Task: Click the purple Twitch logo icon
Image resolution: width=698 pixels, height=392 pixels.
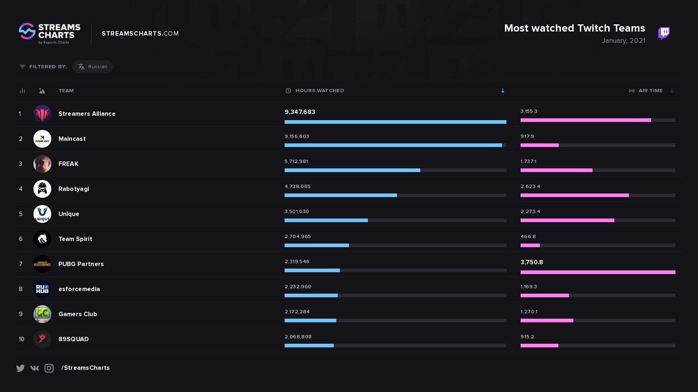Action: (x=663, y=33)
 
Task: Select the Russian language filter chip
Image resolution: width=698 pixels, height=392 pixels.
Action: (x=92, y=67)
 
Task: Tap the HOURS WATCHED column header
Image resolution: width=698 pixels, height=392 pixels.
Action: (x=319, y=91)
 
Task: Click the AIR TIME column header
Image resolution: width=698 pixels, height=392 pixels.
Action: (x=650, y=91)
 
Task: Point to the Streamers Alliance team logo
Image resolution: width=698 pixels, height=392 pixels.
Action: (x=42, y=114)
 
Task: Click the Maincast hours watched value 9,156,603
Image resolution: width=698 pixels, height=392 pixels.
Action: (x=297, y=136)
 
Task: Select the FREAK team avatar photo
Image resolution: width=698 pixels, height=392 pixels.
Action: (x=42, y=164)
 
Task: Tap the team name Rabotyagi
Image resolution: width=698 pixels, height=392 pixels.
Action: (x=74, y=189)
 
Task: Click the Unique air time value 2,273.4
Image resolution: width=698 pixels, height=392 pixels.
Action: (x=530, y=212)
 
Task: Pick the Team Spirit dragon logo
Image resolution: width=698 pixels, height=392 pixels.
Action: (x=42, y=239)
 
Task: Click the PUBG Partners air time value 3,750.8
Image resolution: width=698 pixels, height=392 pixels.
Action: (x=531, y=262)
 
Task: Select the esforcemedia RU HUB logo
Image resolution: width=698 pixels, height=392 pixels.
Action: (x=42, y=289)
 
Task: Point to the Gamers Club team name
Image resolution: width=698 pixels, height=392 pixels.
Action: (x=78, y=314)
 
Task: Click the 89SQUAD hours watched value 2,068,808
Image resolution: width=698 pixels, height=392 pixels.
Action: (x=298, y=337)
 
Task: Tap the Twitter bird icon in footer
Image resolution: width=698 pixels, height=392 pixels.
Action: (x=20, y=368)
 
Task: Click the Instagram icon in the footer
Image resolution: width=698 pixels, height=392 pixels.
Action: (x=49, y=368)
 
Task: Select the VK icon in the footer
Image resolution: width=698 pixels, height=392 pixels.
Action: (x=35, y=368)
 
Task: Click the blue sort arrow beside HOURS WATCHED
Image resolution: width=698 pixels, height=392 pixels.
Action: (x=503, y=91)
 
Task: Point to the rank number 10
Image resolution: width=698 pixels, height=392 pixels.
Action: (x=21, y=339)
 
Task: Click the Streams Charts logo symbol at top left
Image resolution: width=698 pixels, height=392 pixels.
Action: (x=27, y=32)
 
